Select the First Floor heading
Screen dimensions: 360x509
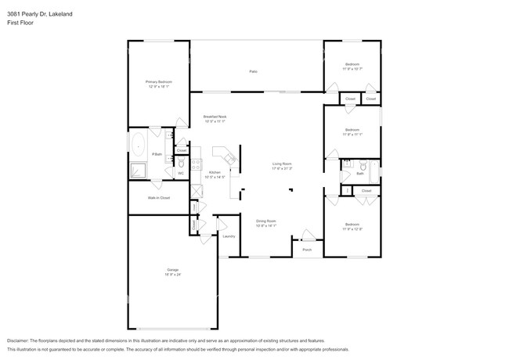(x=20, y=23)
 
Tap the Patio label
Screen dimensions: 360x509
(x=254, y=72)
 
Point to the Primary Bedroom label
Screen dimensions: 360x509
(x=158, y=82)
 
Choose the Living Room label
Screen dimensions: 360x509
(x=282, y=164)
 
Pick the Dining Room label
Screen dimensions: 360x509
(x=266, y=221)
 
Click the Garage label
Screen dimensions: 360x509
(x=171, y=270)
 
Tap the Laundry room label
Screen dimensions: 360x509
(x=229, y=236)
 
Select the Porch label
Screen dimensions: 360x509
(x=307, y=250)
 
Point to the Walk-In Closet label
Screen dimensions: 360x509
(x=159, y=198)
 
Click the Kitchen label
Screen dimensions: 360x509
(x=214, y=173)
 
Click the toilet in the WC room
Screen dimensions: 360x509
(x=180, y=164)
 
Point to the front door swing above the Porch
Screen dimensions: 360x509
(x=309, y=235)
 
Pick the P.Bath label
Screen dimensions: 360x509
(x=157, y=154)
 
